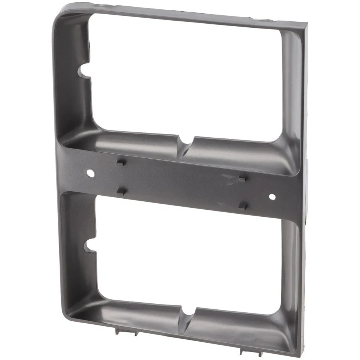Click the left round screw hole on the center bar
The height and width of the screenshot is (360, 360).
(90, 173)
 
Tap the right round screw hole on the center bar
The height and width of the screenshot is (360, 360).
(272, 196)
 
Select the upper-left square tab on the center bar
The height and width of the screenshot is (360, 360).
(121, 162)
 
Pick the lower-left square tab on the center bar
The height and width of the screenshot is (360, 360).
(121, 191)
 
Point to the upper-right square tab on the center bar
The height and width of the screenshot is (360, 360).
(242, 179)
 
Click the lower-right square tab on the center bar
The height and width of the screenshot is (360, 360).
(243, 205)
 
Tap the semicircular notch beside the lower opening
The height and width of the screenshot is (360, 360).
(89, 246)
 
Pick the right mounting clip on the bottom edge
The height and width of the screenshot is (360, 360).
(244, 350)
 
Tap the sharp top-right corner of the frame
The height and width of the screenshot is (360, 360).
(306, 24)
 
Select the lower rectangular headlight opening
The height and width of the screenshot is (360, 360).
(187, 255)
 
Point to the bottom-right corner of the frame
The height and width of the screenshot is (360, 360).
(298, 354)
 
